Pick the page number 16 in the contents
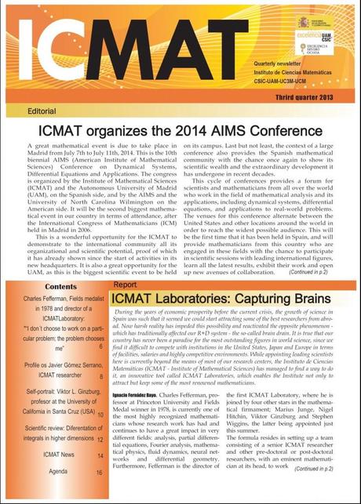[x=100, y=473]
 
